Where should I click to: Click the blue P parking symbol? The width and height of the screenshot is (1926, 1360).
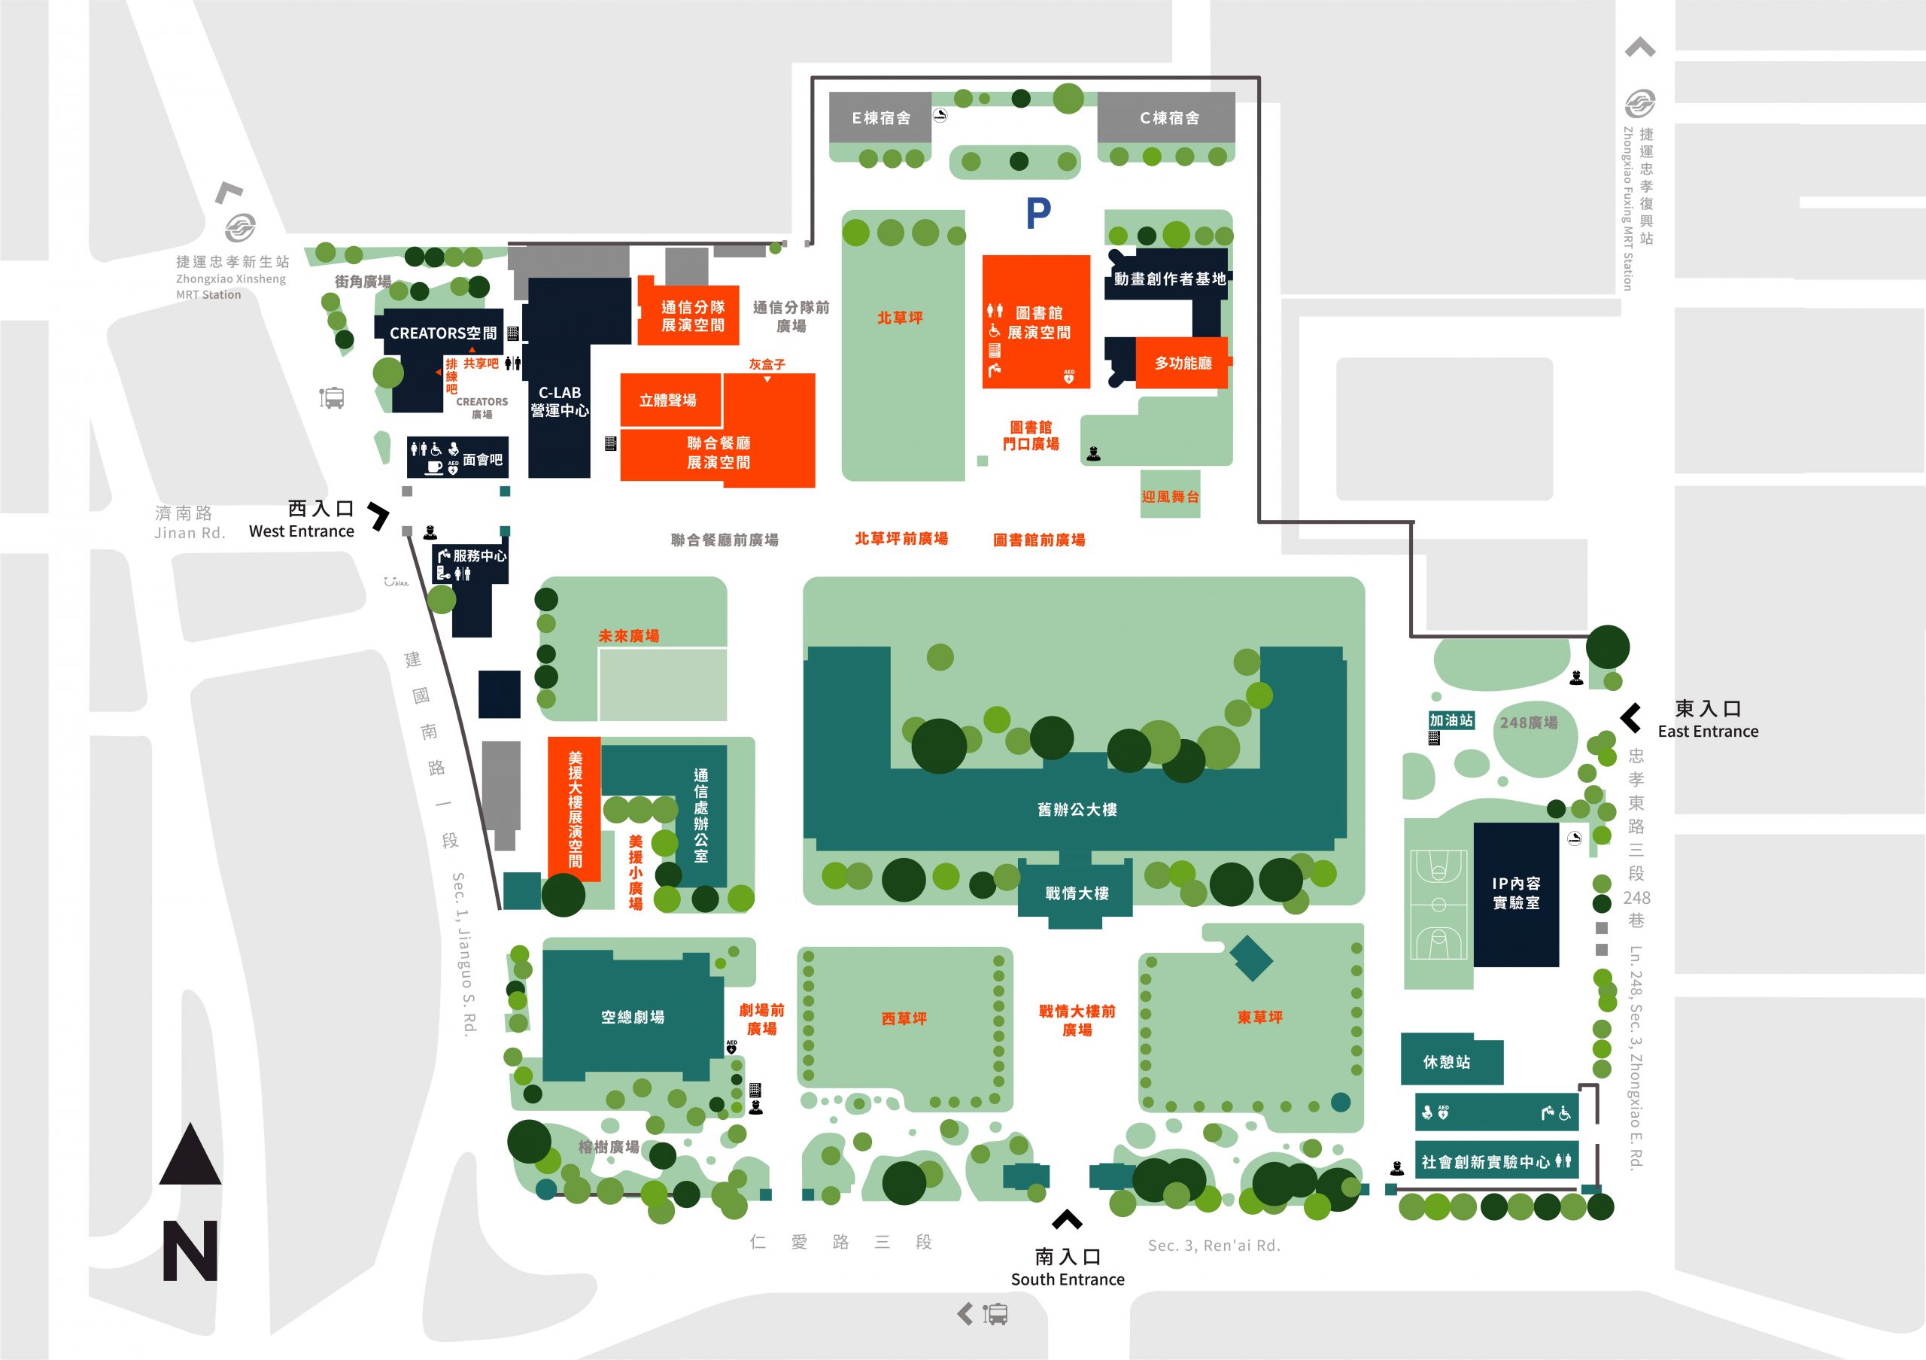click(1038, 213)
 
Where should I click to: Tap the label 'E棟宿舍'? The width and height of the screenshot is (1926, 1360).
click(881, 118)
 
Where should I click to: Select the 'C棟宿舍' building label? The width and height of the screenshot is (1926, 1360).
click(1169, 118)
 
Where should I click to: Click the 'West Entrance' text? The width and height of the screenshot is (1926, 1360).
click(301, 531)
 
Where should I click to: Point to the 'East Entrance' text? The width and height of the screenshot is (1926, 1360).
click(1708, 731)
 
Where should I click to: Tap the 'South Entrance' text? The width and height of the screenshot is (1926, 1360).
click(1067, 1279)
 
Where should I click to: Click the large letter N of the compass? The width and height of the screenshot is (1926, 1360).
click(190, 1251)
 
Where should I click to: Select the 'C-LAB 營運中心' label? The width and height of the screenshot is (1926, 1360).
click(560, 402)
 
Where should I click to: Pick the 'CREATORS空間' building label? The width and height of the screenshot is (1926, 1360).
click(443, 333)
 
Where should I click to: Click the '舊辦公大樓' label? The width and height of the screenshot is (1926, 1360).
click(1077, 810)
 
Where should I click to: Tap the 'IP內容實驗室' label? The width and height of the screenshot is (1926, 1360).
click(1516, 893)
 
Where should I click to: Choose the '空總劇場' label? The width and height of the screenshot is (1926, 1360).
click(633, 1017)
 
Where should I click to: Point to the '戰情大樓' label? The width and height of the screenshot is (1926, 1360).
click(1077, 893)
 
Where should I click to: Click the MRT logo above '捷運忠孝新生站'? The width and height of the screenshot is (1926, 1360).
click(241, 227)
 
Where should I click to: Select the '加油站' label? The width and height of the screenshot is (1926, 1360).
click(1451, 720)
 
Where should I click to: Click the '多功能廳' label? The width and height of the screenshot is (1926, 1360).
click(1183, 364)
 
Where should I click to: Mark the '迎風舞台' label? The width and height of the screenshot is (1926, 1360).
click(1170, 497)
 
